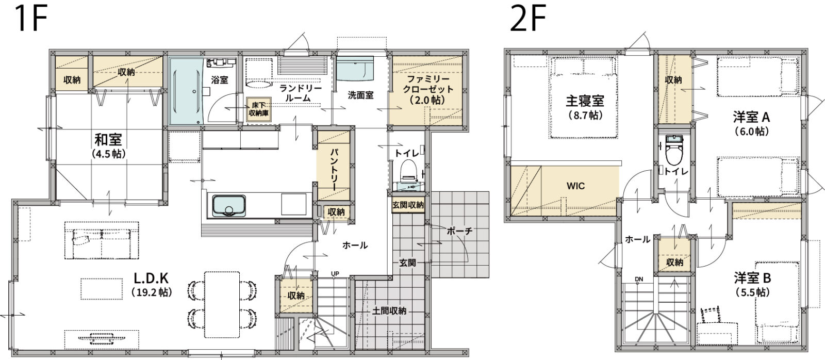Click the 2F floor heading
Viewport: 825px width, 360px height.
coord(527,19)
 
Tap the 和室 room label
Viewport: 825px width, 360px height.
coord(108,140)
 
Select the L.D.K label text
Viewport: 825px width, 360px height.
coord(151,277)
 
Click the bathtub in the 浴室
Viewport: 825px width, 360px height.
coord(187,91)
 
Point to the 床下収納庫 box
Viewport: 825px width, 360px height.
coord(258,109)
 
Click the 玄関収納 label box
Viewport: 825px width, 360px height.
coord(408,205)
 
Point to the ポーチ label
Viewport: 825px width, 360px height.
coord(459,231)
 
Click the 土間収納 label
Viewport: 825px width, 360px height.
coord(389,311)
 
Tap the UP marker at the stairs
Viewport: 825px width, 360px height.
coord(335,273)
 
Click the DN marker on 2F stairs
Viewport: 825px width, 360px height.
coord(639,280)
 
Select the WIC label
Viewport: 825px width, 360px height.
coord(575,186)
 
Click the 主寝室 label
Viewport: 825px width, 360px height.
coord(585,101)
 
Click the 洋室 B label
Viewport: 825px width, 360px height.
coord(752,278)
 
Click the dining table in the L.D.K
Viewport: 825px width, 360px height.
coord(222,305)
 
